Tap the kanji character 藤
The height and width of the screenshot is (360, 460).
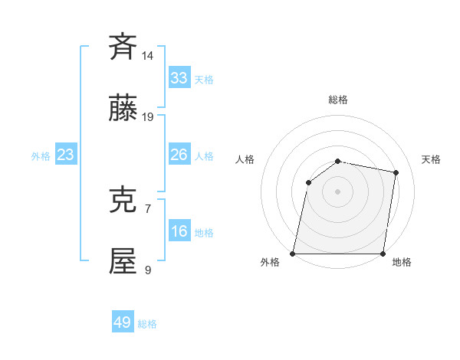click(123, 110)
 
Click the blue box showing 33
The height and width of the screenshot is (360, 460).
click(179, 78)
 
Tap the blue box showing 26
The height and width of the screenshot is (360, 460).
click(179, 155)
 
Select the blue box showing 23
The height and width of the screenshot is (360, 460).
click(66, 155)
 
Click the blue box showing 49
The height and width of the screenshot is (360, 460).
click(123, 322)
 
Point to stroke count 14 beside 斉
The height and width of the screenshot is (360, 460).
click(148, 56)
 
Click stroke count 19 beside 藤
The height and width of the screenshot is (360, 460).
click(148, 117)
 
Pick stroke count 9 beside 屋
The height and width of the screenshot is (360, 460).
click(148, 270)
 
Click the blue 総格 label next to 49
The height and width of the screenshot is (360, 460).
click(147, 324)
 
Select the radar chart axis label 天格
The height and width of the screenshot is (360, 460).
click(431, 159)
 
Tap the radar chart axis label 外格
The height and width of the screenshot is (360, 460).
click(270, 263)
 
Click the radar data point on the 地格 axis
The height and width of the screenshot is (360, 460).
click(383, 254)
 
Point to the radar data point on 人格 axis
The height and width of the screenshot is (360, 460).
click(308, 182)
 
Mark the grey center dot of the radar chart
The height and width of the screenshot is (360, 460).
click(337, 191)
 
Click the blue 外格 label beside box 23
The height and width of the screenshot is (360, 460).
click(41, 156)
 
